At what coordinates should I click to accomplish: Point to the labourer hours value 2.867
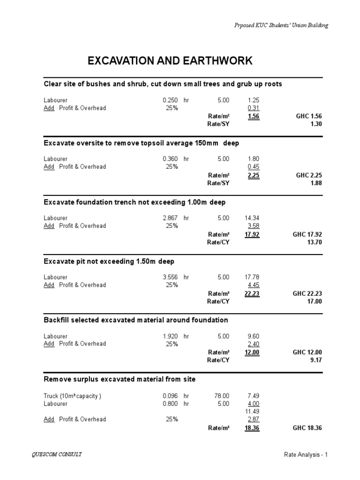[x=171, y=218]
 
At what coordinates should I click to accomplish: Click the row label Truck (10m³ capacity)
[x=72, y=396]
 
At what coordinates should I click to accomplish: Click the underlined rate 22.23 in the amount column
[x=252, y=293]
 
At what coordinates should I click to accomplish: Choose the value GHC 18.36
[x=307, y=428]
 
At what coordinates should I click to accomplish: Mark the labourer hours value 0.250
[x=171, y=100]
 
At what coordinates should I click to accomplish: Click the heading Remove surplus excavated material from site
[x=120, y=379]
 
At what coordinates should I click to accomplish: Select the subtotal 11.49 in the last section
[x=253, y=411]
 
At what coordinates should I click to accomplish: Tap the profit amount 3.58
[x=254, y=226]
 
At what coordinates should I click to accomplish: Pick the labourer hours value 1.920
[x=171, y=336]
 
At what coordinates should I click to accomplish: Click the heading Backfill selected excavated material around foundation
[x=135, y=320]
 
